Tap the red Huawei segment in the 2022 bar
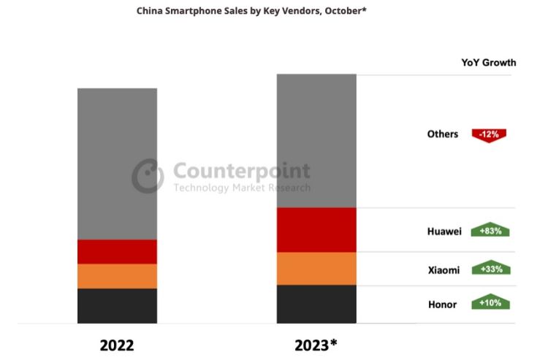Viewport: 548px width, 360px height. [x=117, y=251]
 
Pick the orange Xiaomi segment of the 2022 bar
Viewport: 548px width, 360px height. [x=117, y=276]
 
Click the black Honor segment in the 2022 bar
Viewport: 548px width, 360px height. [x=117, y=305]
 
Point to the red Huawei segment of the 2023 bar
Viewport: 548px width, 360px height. [x=316, y=230]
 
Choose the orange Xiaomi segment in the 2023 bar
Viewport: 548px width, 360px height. [x=316, y=269]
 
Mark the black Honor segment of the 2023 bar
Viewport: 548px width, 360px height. [x=316, y=304]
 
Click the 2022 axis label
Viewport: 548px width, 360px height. [x=117, y=345]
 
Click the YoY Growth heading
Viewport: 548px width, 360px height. [x=488, y=63]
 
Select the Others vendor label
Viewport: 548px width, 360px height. [x=443, y=134]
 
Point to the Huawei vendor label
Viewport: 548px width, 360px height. [x=444, y=231]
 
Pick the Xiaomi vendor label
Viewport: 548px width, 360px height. [x=444, y=270]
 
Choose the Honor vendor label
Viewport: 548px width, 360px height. [x=442, y=304]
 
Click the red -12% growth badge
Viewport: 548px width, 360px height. [x=490, y=134]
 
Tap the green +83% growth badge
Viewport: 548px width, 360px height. [x=490, y=231]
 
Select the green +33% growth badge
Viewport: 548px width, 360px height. [x=490, y=269]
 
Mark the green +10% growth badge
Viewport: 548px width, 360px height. [x=490, y=302]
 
